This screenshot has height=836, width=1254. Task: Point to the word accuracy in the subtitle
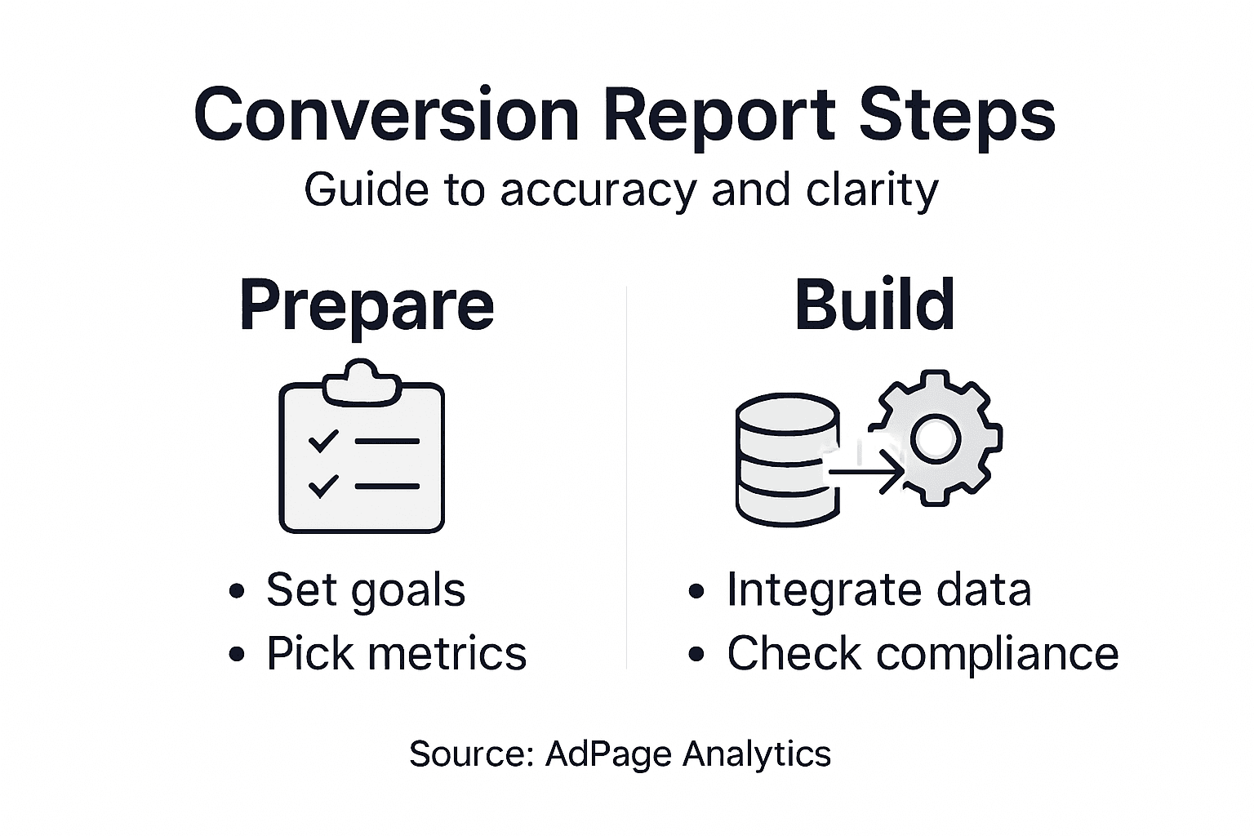[x=598, y=190]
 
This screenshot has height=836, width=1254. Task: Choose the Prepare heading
[x=367, y=305]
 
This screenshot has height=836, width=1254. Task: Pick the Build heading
[x=874, y=304]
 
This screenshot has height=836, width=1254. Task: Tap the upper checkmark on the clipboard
[x=323, y=441]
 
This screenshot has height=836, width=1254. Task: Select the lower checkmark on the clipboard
[x=323, y=486]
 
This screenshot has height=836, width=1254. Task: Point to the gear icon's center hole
[x=936, y=438]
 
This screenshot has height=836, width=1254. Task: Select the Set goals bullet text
[x=366, y=590]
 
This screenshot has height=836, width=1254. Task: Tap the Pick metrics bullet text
[x=396, y=653]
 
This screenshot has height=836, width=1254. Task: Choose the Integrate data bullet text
[x=878, y=589]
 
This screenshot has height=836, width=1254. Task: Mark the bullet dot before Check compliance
[x=696, y=654]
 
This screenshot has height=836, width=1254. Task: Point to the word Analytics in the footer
[x=757, y=753]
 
